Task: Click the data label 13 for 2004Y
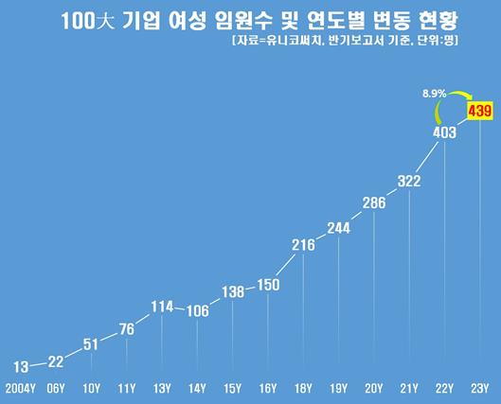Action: coord(21,366)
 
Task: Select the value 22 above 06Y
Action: coord(56,360)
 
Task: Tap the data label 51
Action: coord(91,344)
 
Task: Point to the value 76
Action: coord(126,329)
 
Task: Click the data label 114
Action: coord(162,306)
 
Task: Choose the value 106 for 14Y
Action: coord(197,311)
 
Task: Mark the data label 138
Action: coord(233,290)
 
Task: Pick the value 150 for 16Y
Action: coord(268,285)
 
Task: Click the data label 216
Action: coord(303,245)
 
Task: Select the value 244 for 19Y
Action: coord(339,227)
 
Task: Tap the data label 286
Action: coord(374,202)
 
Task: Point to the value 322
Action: coord(409,181)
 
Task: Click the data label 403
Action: coord(444,133)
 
